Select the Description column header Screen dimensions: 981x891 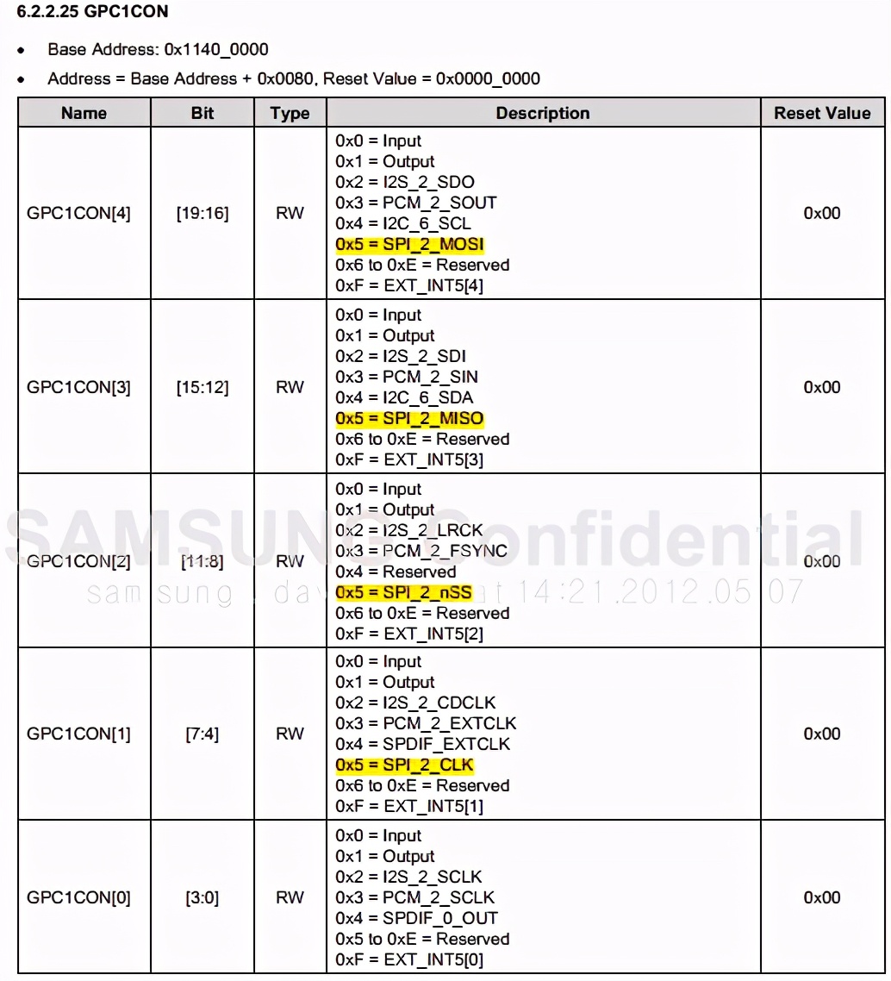coord(542,113)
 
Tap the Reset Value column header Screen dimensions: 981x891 coord(822,113)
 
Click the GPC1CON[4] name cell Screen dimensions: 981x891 coord(79,213)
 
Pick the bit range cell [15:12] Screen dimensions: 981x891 coord(203,387)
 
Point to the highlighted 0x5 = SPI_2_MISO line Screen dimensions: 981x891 coord(409,418)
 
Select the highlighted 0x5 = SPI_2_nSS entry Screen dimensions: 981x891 coord(404,592)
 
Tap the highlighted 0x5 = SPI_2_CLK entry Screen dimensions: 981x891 coord(404,765)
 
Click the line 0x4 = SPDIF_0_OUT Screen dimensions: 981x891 coord(416,918)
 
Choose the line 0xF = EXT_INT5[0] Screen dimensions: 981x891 coord(409,959)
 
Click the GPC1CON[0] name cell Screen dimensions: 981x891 coord(79,897)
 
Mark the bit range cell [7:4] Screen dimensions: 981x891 coord(203,734)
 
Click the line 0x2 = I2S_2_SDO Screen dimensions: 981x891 coord(405,182)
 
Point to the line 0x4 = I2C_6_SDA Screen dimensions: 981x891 coord(404,397)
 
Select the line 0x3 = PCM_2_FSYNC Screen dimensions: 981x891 coord(421,551)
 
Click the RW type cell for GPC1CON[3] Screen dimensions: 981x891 coord(290,387)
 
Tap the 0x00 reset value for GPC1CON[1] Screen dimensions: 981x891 coord(822,734)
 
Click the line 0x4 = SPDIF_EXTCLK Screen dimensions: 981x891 coord(422,744)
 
